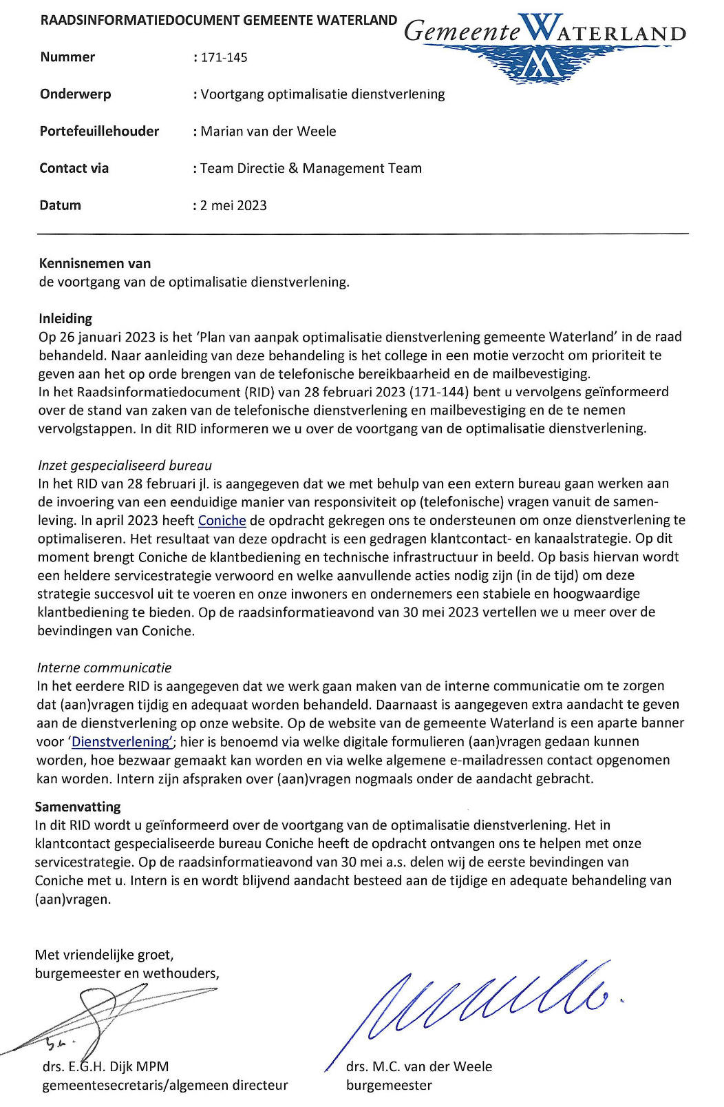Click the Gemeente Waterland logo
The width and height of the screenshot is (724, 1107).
point(544,45)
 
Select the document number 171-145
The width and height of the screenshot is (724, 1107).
point(224,58)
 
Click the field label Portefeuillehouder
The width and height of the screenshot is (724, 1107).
point(99,132)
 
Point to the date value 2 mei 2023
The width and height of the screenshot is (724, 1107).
point(233,205)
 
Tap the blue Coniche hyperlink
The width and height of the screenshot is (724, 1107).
point(222,521)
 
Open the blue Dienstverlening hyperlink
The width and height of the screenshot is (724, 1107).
point(121,742)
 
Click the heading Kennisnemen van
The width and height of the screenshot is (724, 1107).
point(95,263)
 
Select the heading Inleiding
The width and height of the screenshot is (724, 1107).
point(65,319)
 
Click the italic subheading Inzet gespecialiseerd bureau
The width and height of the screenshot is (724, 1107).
point(125,466)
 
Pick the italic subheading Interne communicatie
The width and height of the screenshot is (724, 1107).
point(104,668)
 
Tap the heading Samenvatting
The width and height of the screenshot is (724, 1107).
point(78,807)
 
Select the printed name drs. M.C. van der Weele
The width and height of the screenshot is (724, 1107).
point(419,1067)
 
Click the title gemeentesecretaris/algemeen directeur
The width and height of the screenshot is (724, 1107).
point(165,1086)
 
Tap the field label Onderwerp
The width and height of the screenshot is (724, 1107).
point(76,94)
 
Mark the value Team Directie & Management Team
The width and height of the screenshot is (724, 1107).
point(310,169)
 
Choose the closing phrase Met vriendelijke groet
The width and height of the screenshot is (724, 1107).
point(104,955)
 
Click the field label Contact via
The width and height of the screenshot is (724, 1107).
point(74,169)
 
